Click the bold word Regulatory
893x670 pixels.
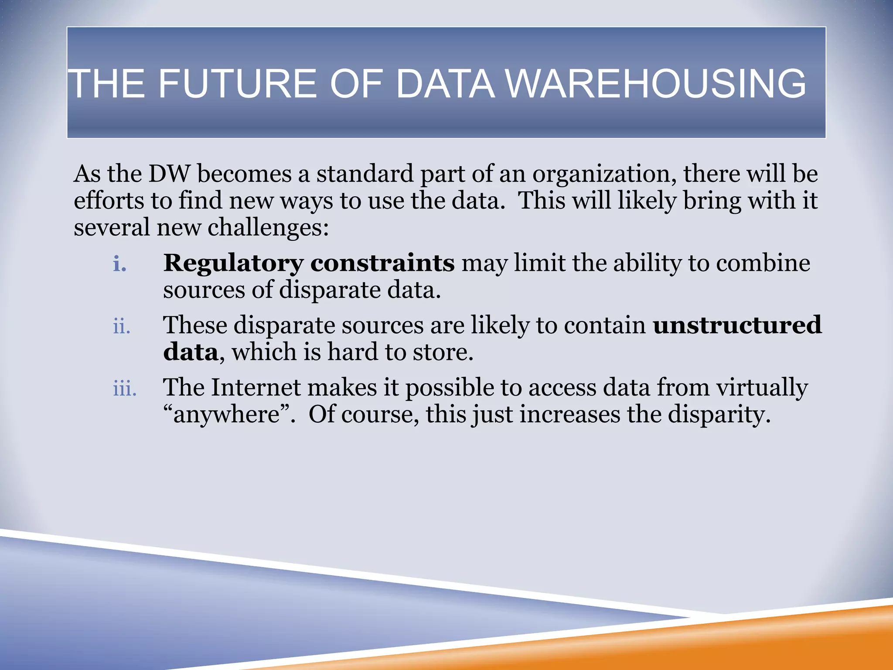[x=233, y=264]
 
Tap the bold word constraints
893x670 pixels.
[x=382, y=263]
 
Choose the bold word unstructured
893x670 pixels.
[x=737, y=325]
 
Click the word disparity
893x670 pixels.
[x=719, y=415]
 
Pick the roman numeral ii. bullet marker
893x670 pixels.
[x=122, y=326]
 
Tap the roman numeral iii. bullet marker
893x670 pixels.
[x=125, y=388]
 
